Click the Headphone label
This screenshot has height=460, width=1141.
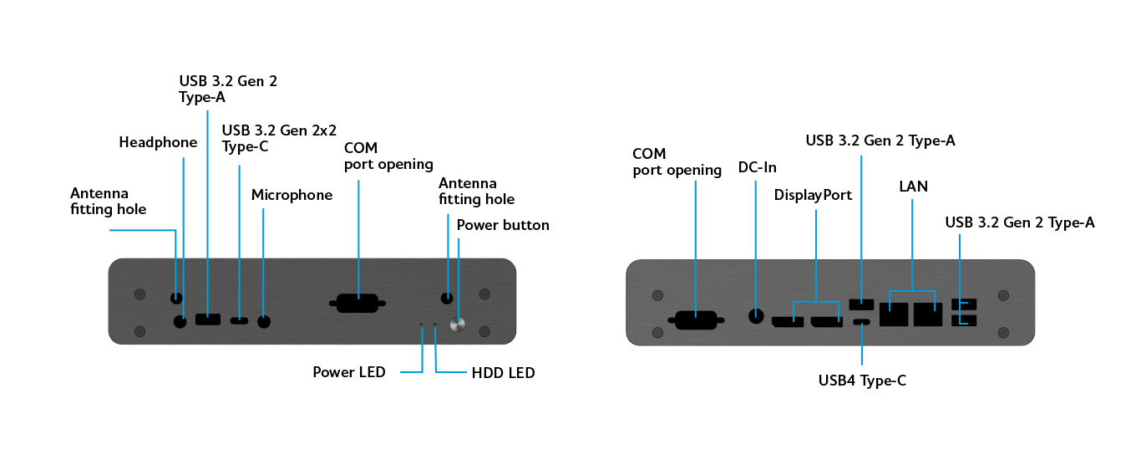pos(158,142)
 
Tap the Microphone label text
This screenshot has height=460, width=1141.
pos(292,195)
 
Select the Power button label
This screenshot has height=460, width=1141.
pos(503,225)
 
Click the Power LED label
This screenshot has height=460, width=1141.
pos(349,372)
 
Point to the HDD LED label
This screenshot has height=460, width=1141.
pos(503,372)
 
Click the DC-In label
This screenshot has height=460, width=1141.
pos(758,167)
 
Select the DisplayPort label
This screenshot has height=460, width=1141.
pos(813,196)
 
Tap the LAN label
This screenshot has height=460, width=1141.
pos(913,186)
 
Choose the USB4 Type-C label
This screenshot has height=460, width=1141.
pos(862,381)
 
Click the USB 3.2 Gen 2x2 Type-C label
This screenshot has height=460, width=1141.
pos(279,138)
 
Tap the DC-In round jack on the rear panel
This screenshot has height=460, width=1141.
pos(757,316)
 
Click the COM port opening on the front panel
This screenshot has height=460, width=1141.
pos(359,303)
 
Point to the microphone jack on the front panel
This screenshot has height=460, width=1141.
pos(265,320)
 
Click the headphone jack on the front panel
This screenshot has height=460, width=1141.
pos(180,320)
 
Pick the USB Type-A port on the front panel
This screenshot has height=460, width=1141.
pos(208,319)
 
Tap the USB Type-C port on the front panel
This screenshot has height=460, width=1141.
pos(240,319)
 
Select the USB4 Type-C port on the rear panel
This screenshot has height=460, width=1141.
pos(862,323)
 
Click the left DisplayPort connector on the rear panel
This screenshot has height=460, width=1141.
pos(787,320)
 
